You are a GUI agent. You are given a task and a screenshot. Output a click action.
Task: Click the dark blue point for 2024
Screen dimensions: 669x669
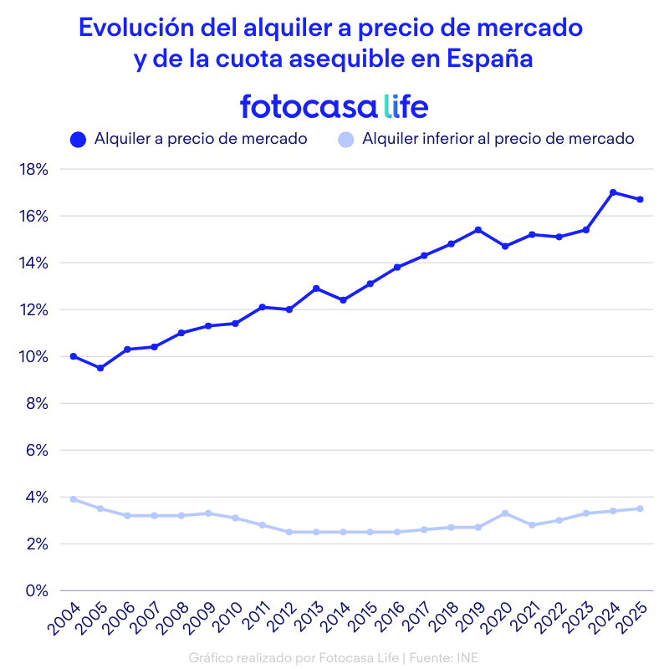[613, 192]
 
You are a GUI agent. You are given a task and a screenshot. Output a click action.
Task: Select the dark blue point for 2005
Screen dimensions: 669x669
[100, 368]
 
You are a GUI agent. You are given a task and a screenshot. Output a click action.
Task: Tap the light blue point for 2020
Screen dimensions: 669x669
[505, 513]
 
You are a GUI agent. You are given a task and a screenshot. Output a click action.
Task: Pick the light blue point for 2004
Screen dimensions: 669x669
[74, 499]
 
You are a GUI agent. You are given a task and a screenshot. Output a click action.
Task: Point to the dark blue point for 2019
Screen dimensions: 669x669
[478, 230]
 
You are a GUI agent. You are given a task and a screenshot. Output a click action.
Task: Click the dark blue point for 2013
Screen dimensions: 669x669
[316, 289]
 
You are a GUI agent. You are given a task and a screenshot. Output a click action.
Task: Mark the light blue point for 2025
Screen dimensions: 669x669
[640, 508]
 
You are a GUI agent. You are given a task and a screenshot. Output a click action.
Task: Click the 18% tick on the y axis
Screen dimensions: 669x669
[34, 170]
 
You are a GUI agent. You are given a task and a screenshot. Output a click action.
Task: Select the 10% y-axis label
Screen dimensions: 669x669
[34, 357]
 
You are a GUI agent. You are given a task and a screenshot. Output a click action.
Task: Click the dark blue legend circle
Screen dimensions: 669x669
[79, 140]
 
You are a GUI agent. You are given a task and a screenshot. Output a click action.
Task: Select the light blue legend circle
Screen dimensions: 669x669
[346, 140]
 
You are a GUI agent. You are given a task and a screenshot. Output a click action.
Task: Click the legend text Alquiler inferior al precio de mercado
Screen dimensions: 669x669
[498, 139]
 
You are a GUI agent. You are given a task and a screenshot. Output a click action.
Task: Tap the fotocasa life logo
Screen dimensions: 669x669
[334, 106]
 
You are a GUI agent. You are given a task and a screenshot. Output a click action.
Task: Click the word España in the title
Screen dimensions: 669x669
[490, 59]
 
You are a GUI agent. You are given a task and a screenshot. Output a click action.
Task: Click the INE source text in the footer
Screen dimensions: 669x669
[468, 656]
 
